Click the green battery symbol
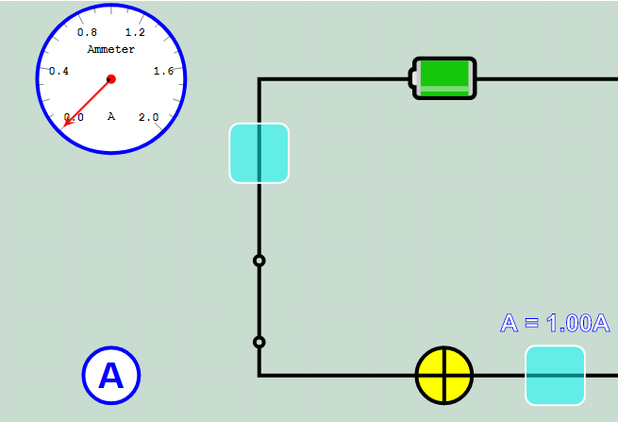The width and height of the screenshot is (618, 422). coord(443,77)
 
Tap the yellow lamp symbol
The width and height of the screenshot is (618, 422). coord(444,375)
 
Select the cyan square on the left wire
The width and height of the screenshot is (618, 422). coord(259,153)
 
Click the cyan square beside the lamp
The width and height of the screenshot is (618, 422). coord(555,375)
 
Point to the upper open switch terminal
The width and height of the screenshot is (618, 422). coord(259,261)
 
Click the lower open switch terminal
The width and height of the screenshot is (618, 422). coord(259,342)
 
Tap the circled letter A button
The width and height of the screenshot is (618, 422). coord(111,376)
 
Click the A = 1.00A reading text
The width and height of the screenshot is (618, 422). coord(555,323)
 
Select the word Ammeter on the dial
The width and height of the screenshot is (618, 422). coord(111,49)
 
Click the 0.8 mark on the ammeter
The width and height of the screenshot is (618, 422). coord(87,32)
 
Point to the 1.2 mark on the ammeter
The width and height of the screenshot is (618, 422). coord(135,32)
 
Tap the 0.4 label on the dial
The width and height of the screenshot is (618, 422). coord(58,71)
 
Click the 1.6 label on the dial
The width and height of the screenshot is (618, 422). coord(163,71)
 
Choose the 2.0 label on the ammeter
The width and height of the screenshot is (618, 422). coord(148,117)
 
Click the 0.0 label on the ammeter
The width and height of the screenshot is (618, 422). coord(74,117)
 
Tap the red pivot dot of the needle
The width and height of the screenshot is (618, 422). coord(111,79)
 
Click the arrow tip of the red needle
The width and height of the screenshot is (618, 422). coord(64,126)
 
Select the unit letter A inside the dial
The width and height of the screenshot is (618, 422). coord(111,116)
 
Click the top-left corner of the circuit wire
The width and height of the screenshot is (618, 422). coord(259,79)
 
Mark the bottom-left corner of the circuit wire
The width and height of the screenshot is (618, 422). coord(259,375)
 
